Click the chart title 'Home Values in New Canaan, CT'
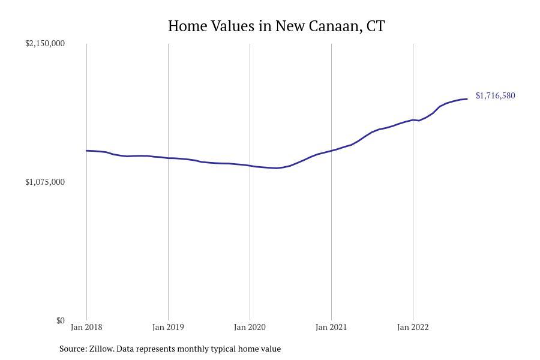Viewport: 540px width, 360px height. click(276, 26)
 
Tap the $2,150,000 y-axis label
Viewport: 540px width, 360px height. click(45, 43)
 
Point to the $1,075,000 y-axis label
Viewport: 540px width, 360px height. click(45, 182)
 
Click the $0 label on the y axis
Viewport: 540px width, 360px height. click(60, 320)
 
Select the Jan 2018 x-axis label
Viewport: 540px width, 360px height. click(86, 328)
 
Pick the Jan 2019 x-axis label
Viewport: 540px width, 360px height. click(168, 328)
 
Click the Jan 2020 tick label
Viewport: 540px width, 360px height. click(250, 328)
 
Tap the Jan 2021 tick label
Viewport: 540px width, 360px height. click(331, 328)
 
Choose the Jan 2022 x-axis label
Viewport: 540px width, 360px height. click(413, 328)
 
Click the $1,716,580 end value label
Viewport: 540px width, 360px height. click(495, 95)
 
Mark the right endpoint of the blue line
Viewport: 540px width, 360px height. click(467, 99)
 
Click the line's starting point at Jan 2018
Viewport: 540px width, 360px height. click(86, 151)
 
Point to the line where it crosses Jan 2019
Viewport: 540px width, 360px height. click(168, 158)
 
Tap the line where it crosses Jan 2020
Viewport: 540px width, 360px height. click(250, 165)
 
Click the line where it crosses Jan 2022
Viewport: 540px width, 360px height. click(413, 120)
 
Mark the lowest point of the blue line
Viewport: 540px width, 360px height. click(276, 168)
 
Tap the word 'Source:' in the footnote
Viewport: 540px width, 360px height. click(73, 349)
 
